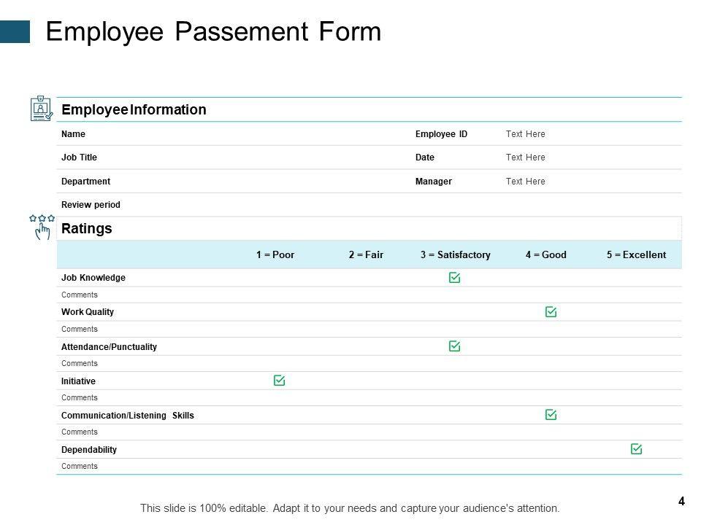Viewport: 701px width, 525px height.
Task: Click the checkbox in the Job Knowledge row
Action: [x=454, y=278]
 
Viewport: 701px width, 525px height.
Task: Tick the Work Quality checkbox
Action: [x=551, y=312]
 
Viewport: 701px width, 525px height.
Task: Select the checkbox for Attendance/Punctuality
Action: [x=454, y=346]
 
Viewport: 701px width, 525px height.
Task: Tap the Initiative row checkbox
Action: [x=279, y=381]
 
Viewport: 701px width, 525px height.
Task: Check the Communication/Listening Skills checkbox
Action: [x=551, y=415]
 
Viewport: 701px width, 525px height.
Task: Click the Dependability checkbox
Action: [x=636, y=449]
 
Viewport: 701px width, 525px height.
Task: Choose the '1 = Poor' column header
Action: [x=275, y=255]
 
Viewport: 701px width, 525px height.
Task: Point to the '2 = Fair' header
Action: [x=366, y=255]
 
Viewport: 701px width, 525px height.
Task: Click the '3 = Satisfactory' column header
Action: [x=455, y=255]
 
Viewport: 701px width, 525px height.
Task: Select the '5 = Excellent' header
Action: [x=636, y=255]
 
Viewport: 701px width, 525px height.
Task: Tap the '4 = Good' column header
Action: [x=545, y=255]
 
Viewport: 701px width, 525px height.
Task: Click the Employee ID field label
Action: [x=441, y=134]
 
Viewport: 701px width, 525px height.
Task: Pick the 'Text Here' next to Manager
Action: [x=525, y=182]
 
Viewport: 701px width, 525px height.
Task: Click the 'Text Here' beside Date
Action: [x=525, y=157]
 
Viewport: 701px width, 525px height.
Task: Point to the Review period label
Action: [x=91, y=205]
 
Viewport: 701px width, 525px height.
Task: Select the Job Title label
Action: [x=79, y=157]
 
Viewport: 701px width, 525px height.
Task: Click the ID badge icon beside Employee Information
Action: [x=41, y=109]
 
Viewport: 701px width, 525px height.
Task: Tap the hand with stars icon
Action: [x=42, y=227]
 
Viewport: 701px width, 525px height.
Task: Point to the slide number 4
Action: [x=681, y=501]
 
